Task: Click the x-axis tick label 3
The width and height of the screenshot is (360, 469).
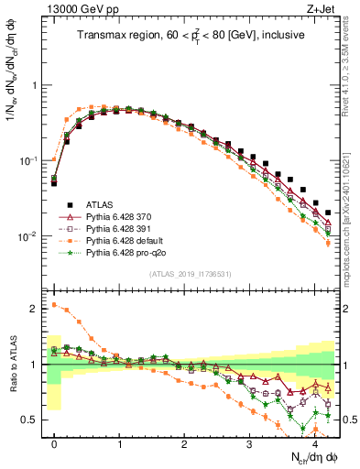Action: pos(249,443)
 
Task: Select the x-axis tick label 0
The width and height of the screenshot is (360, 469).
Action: pos(54,443)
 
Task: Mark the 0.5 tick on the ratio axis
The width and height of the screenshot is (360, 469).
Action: pos(33,420)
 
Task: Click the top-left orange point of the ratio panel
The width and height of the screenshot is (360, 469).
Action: pos(54,305)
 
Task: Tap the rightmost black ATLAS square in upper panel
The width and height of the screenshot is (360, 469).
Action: pos(328,213)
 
